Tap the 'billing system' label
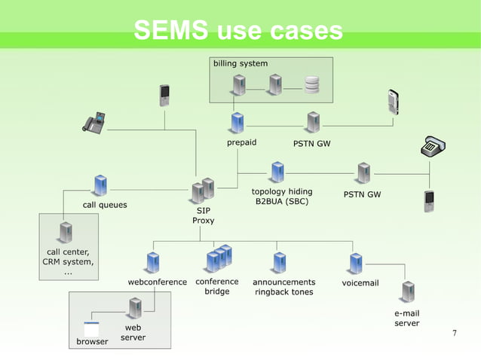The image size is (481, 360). point(240,63)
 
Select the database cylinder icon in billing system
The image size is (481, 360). point(312,84)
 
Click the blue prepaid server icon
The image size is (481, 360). point(238,122)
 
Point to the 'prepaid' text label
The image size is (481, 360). point(242,142)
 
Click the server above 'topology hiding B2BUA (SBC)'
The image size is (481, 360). point(277,172)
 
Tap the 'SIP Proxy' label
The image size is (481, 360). point(204,216)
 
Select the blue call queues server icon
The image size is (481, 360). point(100,185)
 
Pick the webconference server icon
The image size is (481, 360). point(154,263)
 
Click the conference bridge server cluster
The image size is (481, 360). point(219,258)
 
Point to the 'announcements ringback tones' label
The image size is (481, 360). point(283,287)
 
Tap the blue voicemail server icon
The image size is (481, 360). point(356,263)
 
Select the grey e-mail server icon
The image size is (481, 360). point(408,291)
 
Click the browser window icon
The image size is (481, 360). point(91,329)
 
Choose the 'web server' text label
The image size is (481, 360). point(133,333)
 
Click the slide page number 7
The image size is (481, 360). point(454,333)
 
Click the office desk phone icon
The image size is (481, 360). point(94,123)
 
